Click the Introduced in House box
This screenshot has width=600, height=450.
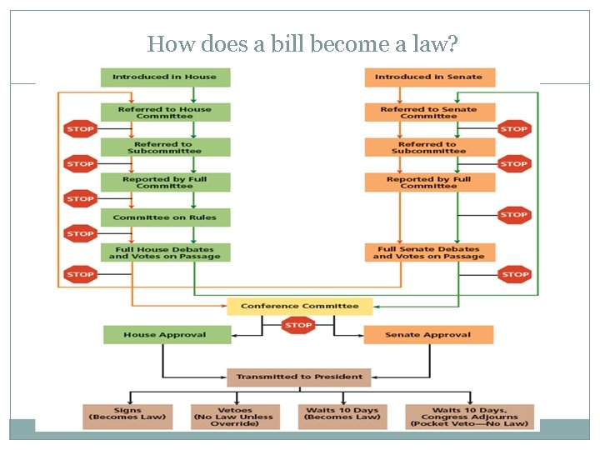pos(165,77)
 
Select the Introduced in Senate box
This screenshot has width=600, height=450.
pos(429,77)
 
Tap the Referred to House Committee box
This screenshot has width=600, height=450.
pos(165,112)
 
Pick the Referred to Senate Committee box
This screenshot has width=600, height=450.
pos(429,112)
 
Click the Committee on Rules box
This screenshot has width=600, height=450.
pos(165,217)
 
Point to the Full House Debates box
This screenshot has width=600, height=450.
pos(165,252)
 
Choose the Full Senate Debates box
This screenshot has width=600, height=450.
pos(429,252)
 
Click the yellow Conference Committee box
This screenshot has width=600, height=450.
pos(299,306)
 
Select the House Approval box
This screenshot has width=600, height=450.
pos(165,335)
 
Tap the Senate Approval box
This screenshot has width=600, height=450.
pos(428,335)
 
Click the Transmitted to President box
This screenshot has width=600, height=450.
pos(299,377)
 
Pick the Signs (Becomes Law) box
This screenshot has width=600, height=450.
pos(127,417)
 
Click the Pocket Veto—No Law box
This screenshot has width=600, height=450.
pos(469,417)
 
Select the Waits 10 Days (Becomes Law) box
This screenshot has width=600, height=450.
pos(342,417)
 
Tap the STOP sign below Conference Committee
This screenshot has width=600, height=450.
pos(298,326)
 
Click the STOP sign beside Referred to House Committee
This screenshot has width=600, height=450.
pos(81,129)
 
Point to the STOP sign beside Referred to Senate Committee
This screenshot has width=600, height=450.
pos(514,129)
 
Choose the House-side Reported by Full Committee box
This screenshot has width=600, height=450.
pos(165,182)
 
